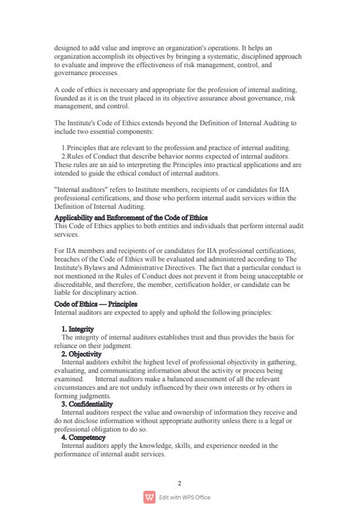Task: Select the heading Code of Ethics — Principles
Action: pos(96,304)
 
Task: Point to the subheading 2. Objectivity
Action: pos(82,354)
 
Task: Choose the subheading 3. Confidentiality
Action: pos(87,404)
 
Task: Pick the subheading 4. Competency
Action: pos(83,437)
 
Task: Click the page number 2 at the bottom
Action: pos(180,483)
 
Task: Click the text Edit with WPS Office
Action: pos(185,498)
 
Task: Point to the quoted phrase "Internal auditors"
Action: pos(79,189)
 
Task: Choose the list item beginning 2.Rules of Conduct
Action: pos(175,156)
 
